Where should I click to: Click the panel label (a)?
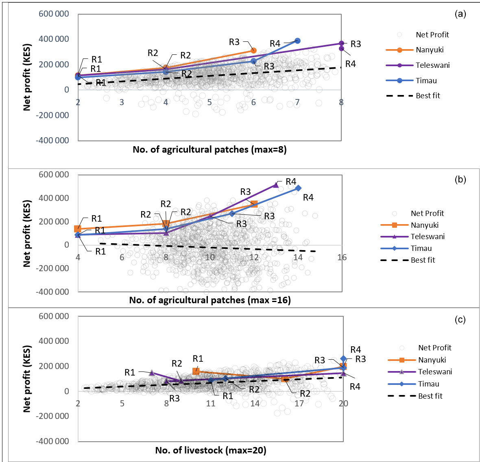coord(460,14)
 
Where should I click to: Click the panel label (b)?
coord(460,179)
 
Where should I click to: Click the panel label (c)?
coord(460,320)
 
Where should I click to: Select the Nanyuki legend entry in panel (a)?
coord(430,50)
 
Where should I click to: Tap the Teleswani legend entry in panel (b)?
coord(428,237)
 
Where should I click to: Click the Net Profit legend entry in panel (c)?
coord(434,348)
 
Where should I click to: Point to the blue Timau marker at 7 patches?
coord(297,41)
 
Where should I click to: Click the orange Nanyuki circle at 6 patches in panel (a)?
coord(253,51)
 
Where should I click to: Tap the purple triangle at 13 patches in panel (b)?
coord(276,185)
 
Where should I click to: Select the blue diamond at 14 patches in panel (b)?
coord(298,188)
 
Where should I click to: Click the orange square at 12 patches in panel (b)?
coord(254,204)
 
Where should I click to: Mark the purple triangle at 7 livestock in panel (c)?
coord(152,373)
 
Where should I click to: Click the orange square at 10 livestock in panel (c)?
coord(196,371)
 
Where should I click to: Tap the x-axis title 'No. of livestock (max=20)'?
coord(211,450)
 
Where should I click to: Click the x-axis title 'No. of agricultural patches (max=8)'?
coord(209,149)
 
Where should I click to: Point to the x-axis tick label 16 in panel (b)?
coord(342,257)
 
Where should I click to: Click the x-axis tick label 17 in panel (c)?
coord(299,404)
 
